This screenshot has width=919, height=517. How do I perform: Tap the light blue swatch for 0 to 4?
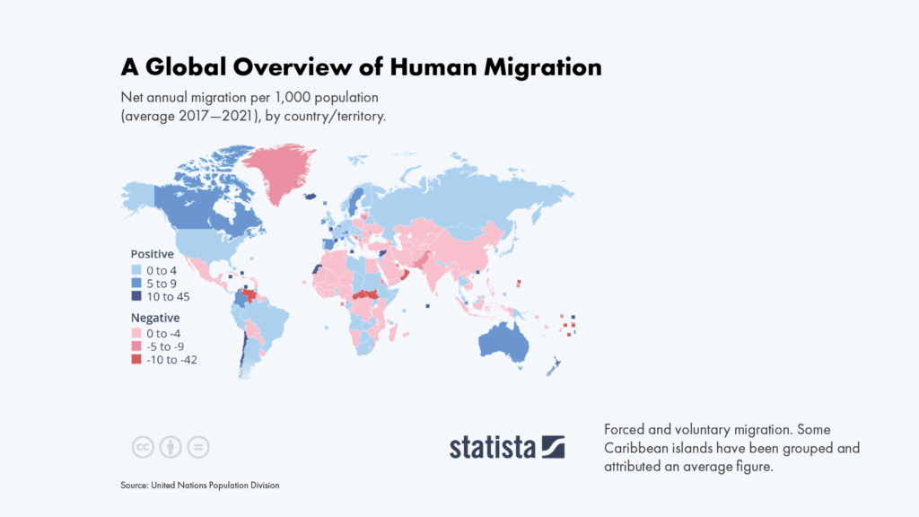(136, 270)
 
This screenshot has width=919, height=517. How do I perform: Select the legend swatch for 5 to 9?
(136, 283)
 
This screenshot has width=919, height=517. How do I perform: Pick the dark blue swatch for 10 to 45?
(136, 295)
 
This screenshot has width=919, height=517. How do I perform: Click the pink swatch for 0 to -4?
(136, 334)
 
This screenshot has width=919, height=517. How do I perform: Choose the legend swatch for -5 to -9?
(136, 346)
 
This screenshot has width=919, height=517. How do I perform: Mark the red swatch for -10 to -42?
(136, 359)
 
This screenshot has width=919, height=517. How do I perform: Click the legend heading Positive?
(153, 254)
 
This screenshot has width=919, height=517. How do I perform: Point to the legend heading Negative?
(155, 318)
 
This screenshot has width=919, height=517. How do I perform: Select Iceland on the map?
(311, 197)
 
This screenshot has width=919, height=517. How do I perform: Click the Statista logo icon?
(552, 446)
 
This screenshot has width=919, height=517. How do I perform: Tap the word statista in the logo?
(492, 446)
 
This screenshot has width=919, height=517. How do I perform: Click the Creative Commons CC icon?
(142, 447)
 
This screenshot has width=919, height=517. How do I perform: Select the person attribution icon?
(171, 447)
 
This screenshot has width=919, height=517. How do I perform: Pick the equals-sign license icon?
(198, 447)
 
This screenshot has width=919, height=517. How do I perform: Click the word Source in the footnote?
(134, 486)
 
